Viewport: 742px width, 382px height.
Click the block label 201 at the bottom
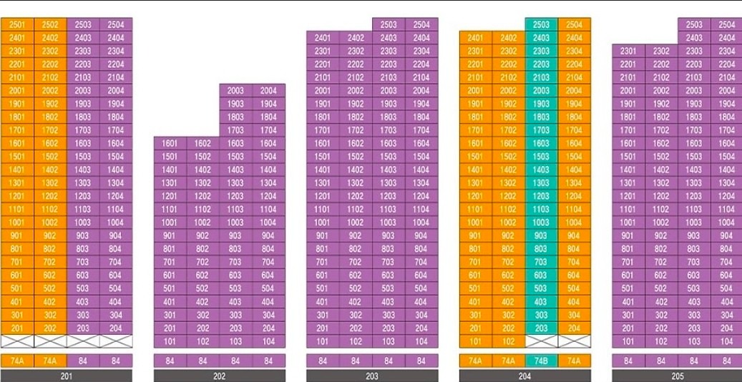point(67,376)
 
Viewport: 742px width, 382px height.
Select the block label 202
point(220,376)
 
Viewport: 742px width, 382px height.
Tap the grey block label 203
point(372,376)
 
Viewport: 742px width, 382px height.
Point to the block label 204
point(525,376)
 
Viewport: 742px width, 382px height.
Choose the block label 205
point(678,376)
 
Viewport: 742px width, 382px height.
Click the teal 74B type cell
point(542,361)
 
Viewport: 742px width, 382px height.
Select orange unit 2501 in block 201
point(17,24)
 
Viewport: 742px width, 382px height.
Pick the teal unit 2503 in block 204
point(542,24)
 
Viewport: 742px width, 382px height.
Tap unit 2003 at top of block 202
point(235,90)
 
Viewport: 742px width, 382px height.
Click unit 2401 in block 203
point(323,38)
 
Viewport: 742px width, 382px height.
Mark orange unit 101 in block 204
point(476,341)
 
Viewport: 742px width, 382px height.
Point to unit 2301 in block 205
point(628,51)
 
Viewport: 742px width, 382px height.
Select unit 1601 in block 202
point(170,143)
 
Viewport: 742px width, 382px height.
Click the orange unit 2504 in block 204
point(575,24)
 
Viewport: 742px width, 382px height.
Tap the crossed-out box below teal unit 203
point(542,341)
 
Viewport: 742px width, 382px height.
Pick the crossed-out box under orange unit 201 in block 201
point(17,341)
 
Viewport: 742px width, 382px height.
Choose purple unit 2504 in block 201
point(116,24)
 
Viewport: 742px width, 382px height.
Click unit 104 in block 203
point(421,341)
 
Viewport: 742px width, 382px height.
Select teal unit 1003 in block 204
point(542,222)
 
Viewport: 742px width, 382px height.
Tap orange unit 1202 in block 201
point(50,196)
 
